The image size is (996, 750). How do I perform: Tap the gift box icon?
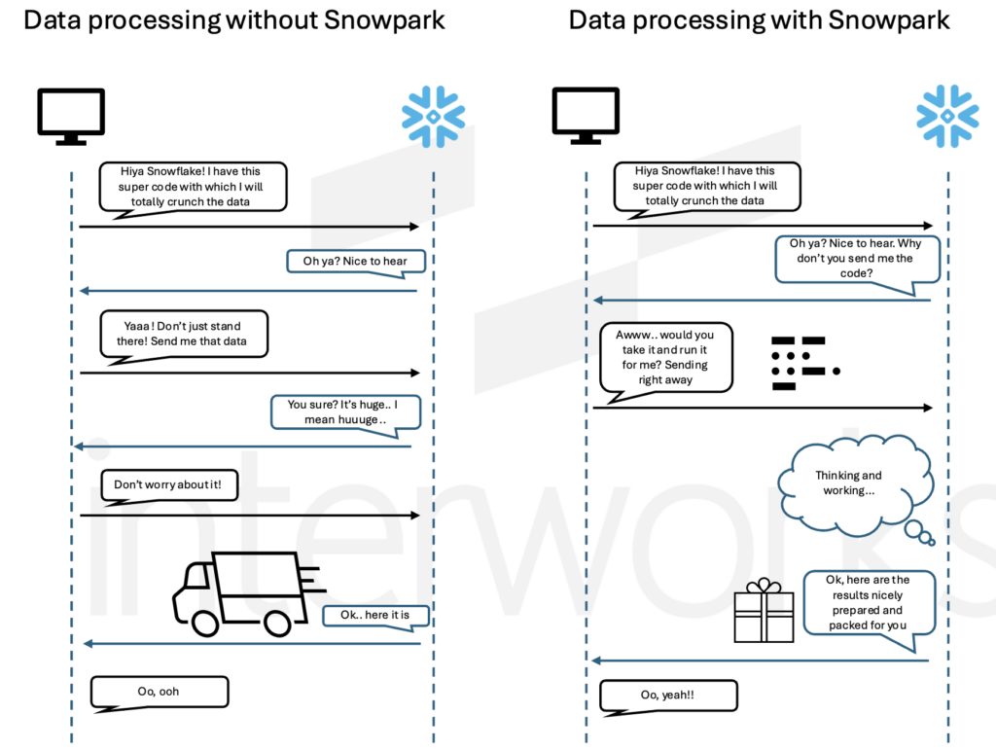764,613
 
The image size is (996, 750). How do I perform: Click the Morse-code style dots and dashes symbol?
800,363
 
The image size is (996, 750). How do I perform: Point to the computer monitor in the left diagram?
71,115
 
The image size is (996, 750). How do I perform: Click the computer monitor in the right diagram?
585,115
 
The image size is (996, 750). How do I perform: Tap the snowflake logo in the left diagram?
433,115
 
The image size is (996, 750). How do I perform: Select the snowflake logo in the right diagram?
947,115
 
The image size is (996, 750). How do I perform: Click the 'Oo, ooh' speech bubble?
160,692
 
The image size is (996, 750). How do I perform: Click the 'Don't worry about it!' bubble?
169,484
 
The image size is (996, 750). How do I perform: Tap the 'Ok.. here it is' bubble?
374,615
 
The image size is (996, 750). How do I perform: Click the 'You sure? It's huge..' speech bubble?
344,412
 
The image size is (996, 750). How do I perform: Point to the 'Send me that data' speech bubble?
184,334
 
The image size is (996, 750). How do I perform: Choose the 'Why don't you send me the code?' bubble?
857,258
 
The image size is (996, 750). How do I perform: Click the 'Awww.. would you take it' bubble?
665,357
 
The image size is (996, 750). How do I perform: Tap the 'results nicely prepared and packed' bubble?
869,602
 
